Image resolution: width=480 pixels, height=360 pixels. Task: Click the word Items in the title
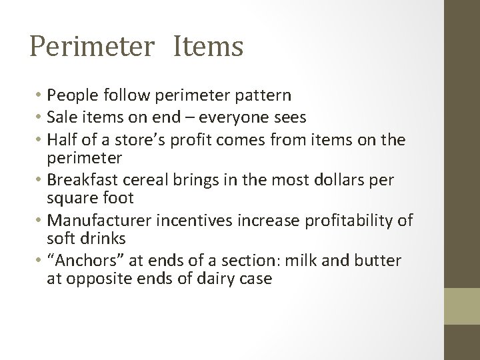(x=209, y=47)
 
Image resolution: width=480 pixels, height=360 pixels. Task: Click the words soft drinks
(x=85, y=237)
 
